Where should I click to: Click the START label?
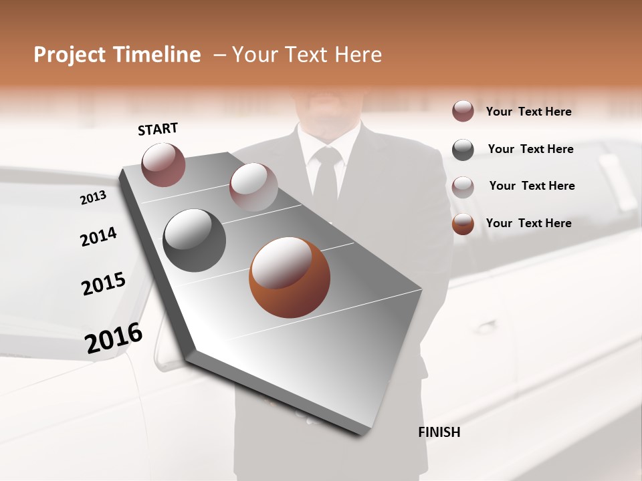point(158,129)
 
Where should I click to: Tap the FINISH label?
point(439,432)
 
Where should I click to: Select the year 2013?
point(94,198)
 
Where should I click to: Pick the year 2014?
point(98,237)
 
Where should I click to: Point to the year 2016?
point(114,338)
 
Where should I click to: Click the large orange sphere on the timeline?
point(289,277)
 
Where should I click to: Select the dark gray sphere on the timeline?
point(194,240)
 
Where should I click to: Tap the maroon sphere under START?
point(163,164)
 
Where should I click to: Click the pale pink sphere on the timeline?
point(253,186)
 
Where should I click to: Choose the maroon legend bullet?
point(463,111)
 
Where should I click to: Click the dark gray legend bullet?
point(463,150)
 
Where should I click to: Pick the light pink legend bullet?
point(463,187)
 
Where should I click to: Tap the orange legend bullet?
point(463,224)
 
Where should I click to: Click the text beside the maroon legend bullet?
point(528,112)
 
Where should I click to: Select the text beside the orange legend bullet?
point(528,223)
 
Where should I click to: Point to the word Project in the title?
point(68,55)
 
